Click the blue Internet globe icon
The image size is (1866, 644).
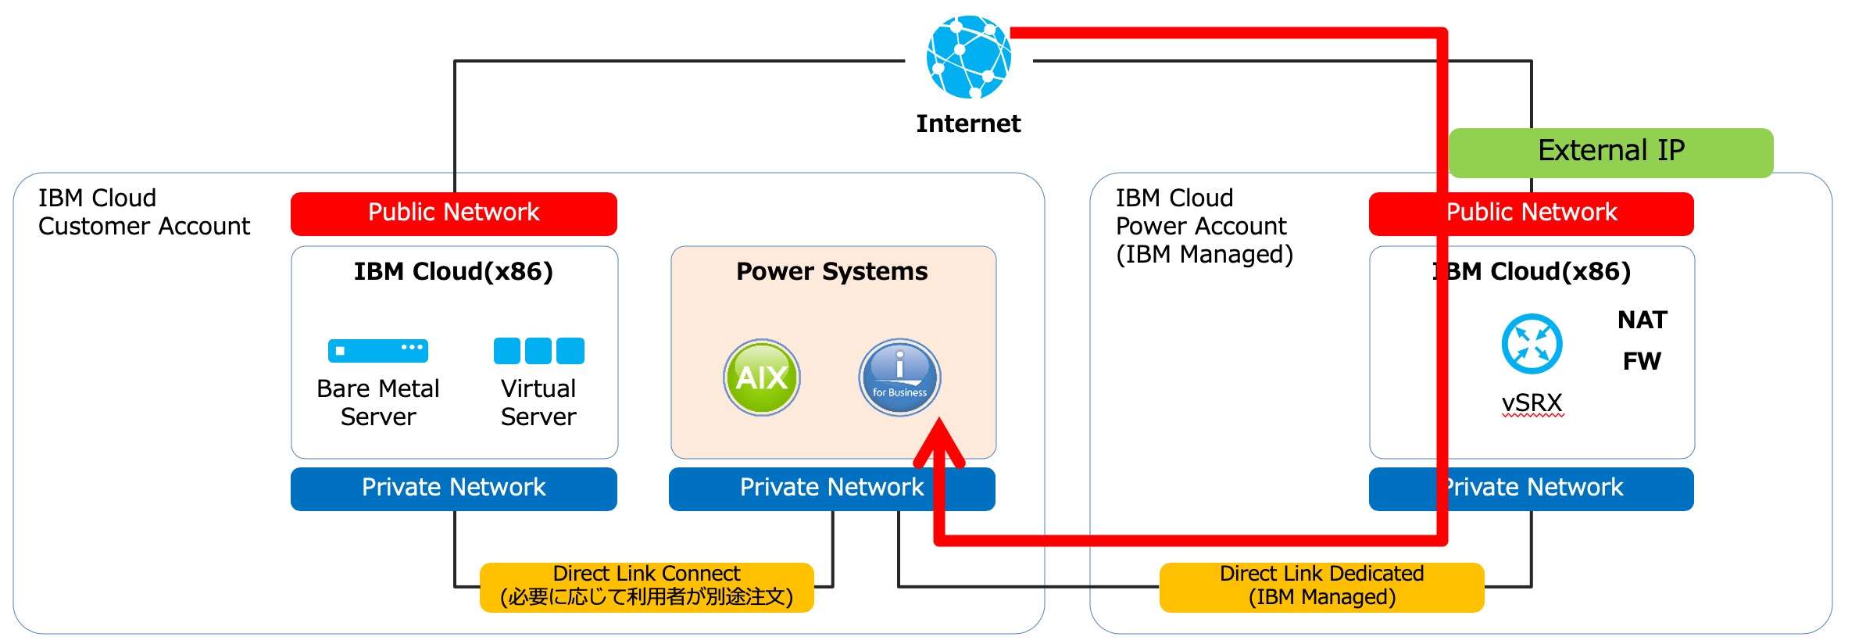tap(968, 57)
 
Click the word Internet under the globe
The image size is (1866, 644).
tap(968, 123)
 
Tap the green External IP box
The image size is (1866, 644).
tap(1610, 152)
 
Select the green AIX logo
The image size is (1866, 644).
tap(762, 377)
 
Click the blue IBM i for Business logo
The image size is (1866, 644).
tap(899, 377)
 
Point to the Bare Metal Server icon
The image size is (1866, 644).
tap(378, 350)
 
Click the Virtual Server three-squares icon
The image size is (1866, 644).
tap(538, 351)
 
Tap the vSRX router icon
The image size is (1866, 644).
tap(1532, 344)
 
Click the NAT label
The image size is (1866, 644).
tap(1642, 320)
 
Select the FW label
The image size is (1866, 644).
tap(1642, 361)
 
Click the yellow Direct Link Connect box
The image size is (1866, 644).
tap(646, 586)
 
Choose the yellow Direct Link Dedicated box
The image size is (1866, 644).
tap(1321, 586)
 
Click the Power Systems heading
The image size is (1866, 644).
tap(832, 271)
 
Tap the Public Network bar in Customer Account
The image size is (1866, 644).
tap(453, 213)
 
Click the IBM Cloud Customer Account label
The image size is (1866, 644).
tap(144, 212)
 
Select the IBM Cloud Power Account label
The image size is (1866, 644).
tap(1203, 226)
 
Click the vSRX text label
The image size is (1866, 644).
tap(1532, 402)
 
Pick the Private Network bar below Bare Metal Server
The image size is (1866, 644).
tap(453, 488)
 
